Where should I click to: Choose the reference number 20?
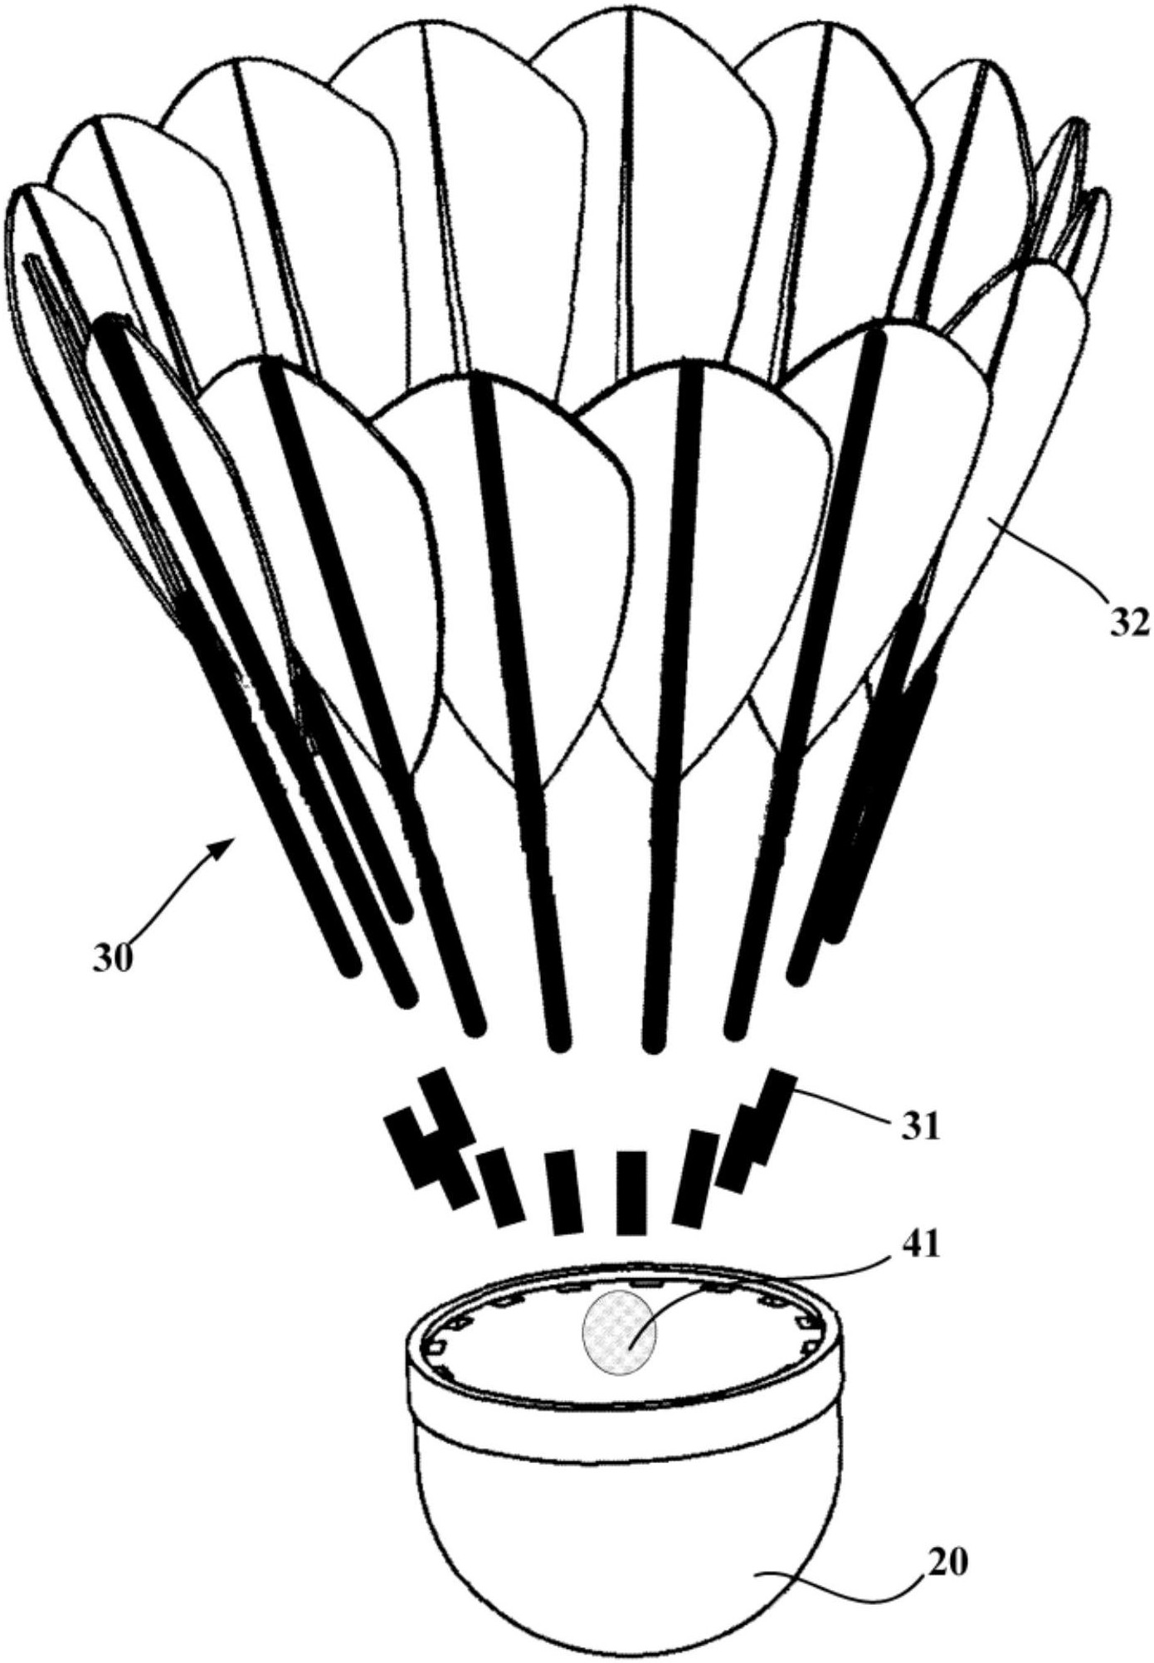pyautogui.click(x=947, y=1563)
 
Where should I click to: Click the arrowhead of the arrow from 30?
pyautogui.click(x=224, y=844)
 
